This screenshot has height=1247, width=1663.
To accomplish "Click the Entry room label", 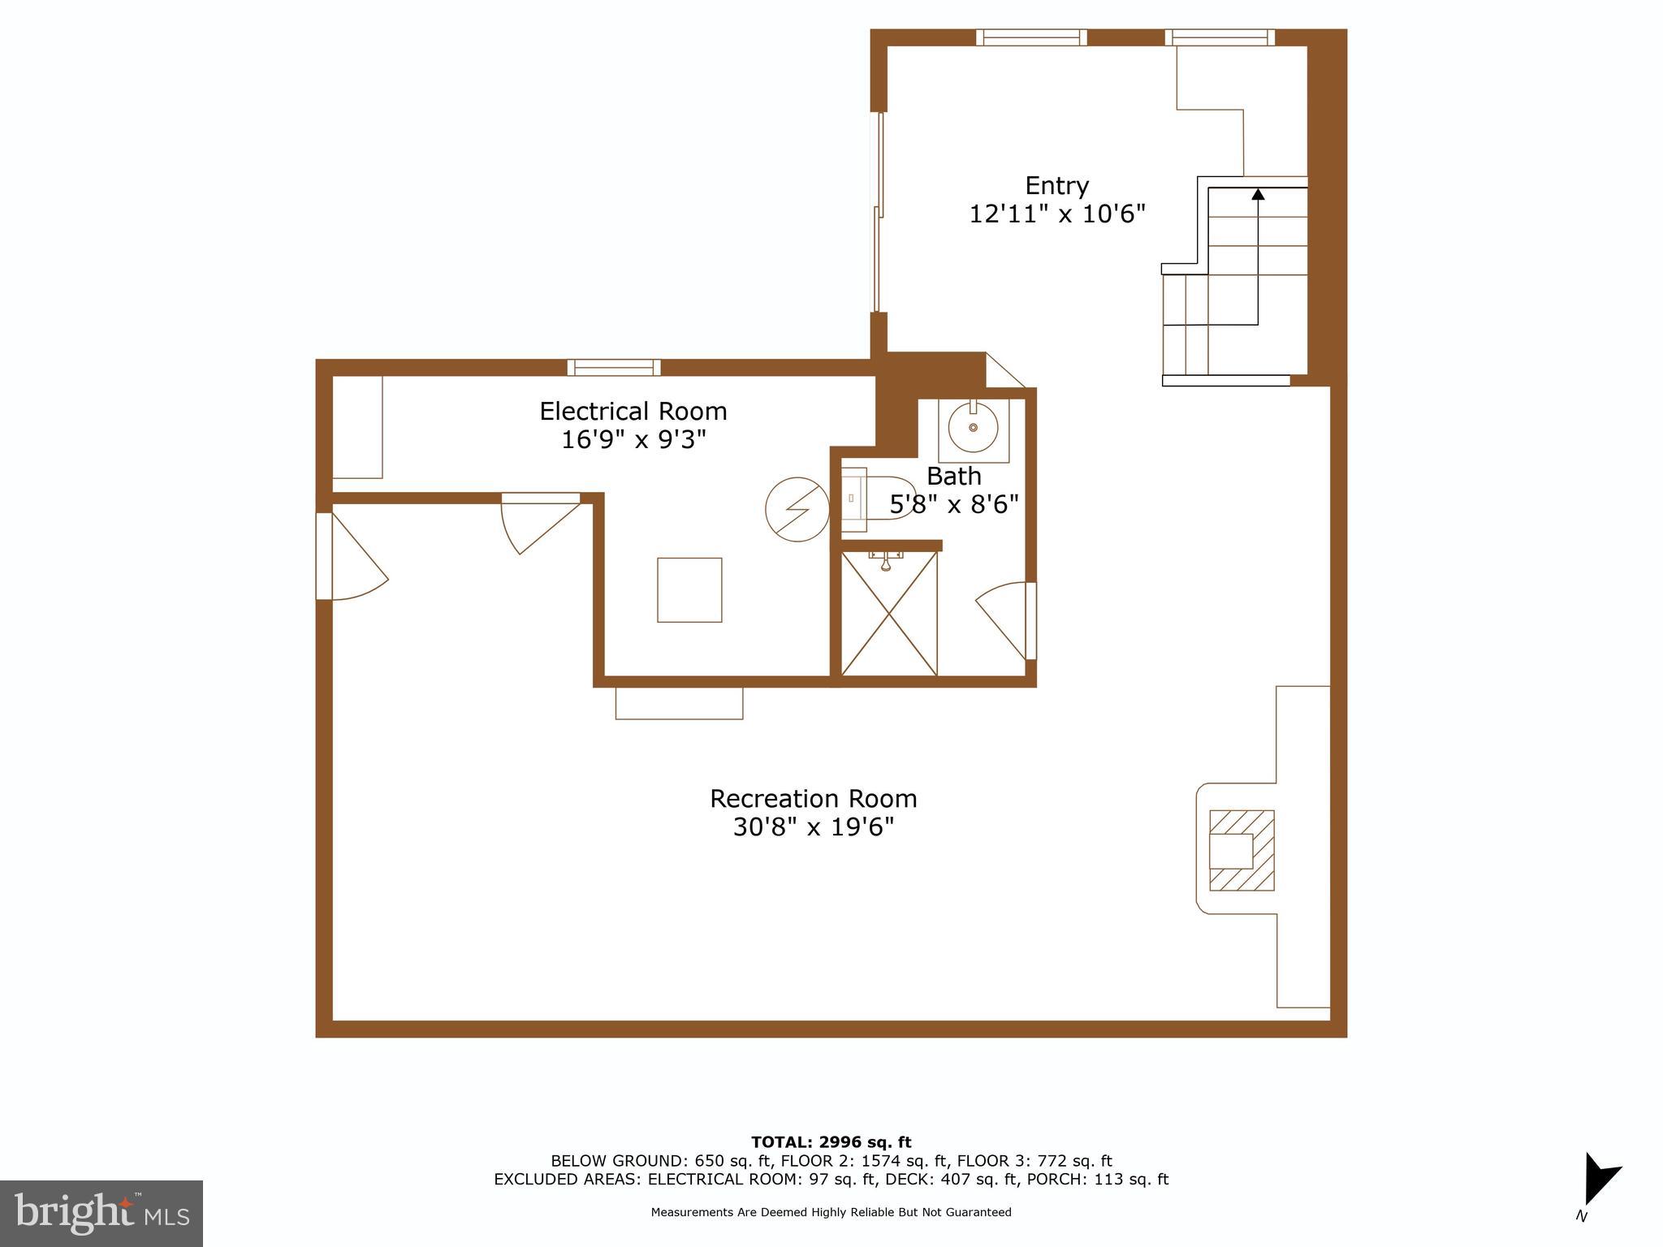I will [1056, 186].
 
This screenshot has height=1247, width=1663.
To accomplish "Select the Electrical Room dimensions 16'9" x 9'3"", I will [633, 440].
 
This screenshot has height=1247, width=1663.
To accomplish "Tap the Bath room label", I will [953, 476].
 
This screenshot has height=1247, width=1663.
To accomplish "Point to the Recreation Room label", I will [813, 799].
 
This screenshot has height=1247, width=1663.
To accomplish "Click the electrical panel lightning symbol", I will [797, 509].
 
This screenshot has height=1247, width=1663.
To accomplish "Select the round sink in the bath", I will [973, 426].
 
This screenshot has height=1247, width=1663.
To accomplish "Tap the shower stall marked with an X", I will [889, 614].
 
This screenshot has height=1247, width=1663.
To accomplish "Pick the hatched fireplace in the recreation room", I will [1241, 850].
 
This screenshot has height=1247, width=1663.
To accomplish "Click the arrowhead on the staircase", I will [1258, 194].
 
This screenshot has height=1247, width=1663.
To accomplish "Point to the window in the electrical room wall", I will [614, 368].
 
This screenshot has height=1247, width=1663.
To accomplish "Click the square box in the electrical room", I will [689, 590].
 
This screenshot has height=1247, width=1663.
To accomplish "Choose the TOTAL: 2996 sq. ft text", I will [831, 1142].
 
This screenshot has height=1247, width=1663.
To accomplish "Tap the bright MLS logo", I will [102, 1213].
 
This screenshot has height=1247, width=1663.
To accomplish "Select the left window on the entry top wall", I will [1031, 37].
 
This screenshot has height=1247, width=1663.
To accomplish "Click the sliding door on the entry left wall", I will [877, 211].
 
